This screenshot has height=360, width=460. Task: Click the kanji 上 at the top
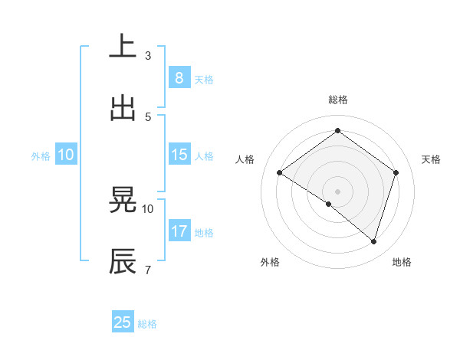[123, 47]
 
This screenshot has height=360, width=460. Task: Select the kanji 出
[123, 108]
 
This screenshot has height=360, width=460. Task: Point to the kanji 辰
[123, 261]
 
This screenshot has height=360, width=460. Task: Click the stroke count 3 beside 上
[148, 55]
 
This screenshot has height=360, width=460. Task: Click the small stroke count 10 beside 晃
[148, 208]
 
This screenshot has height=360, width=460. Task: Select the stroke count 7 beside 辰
[148, 270]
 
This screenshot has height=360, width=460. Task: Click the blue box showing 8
[179, 77]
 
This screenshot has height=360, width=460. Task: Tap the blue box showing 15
[179, 154]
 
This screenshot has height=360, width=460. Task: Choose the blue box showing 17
[179, 231]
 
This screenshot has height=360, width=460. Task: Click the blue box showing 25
[123, 322]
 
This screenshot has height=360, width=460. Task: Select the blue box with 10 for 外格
[66, 154]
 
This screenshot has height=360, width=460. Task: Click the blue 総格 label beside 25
[148, 324]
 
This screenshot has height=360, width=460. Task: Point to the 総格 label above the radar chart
[337, 100]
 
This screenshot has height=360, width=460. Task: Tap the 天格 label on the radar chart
[432, 159]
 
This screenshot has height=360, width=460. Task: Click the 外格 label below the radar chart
[270, 262]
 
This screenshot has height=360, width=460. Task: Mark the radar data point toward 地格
[373, 241]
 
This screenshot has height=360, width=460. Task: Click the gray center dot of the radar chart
[337, 190]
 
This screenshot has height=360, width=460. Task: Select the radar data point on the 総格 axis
[337, 131]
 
